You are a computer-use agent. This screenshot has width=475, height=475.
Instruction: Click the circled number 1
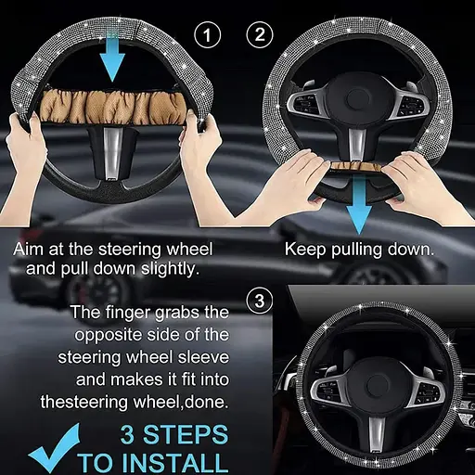point(208,34)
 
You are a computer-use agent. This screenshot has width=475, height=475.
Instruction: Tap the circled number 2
point(260,34)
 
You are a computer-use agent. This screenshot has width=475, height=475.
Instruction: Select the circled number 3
point(260,301)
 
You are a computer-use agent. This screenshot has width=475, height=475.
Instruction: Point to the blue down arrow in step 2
point(359,205)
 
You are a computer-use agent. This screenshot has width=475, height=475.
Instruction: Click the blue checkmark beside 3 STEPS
point(54,448)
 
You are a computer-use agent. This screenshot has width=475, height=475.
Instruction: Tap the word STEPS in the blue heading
point(186,435)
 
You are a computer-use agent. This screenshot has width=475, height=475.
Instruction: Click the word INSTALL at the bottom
point(176,463)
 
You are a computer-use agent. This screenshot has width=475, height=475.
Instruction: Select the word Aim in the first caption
point(29,249)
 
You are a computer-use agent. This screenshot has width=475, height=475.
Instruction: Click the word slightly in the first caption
point(170,269)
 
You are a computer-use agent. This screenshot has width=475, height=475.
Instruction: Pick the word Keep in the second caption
point(305,250)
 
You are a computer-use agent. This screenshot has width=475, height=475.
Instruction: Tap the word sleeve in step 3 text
point(203,357)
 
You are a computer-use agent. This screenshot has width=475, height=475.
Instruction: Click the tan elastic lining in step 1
point(113,109)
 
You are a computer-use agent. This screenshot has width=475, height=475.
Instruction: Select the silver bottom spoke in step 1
point(112,152)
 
